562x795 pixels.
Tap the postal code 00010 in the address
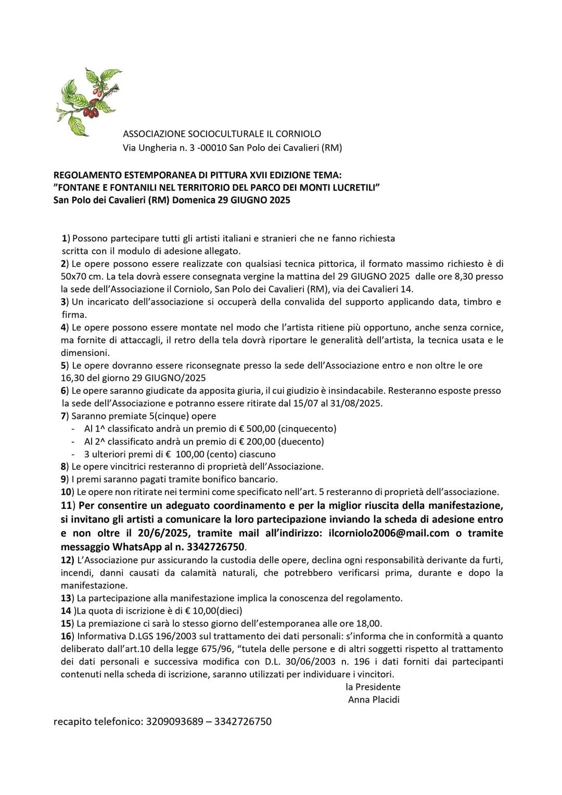pos(213,148)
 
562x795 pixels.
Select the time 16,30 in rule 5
pos(74,378)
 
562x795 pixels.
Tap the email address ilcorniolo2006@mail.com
pos(389,533)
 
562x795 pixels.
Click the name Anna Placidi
pos(374,700)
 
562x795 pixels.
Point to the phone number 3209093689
pos(174,722)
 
